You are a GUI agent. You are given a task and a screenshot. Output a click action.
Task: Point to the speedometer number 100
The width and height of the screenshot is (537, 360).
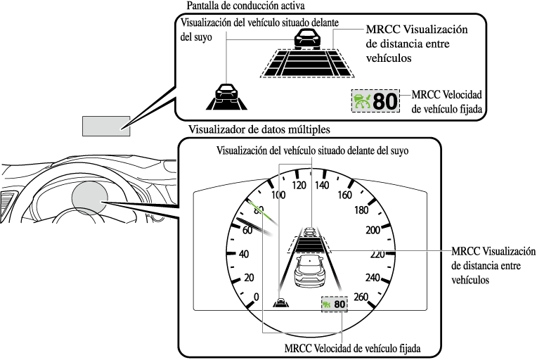(x=278, y=195)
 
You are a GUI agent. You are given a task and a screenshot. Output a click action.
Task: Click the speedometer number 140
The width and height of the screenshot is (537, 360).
(x=322, y=186)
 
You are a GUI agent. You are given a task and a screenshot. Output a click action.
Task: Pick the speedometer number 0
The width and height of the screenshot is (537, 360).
(x=256, y=296)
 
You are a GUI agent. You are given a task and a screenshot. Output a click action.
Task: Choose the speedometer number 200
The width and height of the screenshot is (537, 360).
(x=373, y=230)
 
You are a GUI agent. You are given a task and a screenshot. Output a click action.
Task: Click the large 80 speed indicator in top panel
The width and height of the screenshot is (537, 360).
(x=376, y=101)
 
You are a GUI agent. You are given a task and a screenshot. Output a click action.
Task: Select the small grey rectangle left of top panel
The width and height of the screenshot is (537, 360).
(x=106, y=124)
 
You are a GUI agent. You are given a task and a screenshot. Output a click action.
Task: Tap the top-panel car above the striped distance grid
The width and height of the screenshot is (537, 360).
(x=305, y=39)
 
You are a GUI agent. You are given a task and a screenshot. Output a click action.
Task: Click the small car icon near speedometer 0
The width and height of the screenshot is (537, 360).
(x=280, y=303)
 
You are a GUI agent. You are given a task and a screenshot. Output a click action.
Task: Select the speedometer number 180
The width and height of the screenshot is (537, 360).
(x=363, y=210)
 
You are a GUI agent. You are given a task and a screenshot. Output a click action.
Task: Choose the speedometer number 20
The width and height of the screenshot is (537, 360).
(x=247, y=277)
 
